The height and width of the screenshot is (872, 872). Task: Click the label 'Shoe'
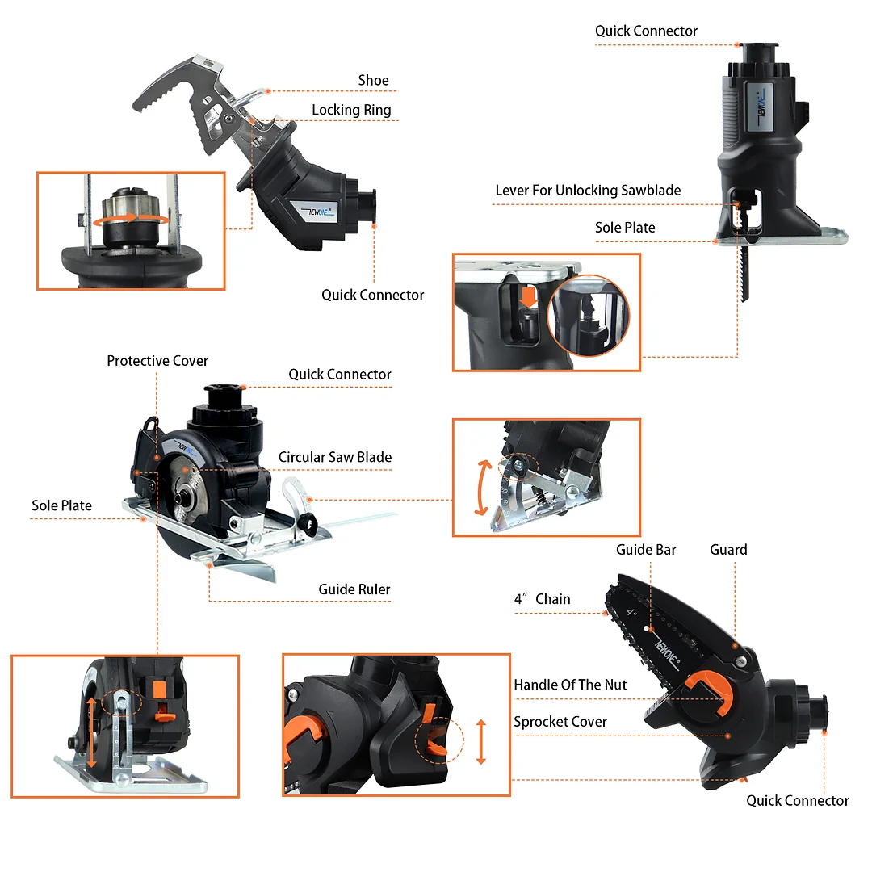pyautogui.click(x=373, y=81)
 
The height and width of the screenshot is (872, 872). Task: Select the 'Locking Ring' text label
pyautogui.click(x=351, y=111)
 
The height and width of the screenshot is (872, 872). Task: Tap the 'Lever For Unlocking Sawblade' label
pyautogui.click(x=588, y=191)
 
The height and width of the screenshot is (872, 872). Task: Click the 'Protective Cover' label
pyautogui.click(x=157, y=361)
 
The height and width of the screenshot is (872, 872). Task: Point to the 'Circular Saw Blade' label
pyautogui.click(x=334, y=457)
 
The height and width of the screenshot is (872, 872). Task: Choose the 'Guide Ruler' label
pyautogui.click(x=354, y=589)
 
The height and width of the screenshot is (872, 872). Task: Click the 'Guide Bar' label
pyautogui.click(x=646, y=550)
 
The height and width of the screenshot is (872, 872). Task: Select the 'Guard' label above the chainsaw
pyautogui.click(x=728, y=550)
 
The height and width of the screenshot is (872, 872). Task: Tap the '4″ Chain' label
pyautogui.click(x=542, y=599)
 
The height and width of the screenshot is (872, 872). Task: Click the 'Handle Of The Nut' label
pyautogui.click(x=570, y=685)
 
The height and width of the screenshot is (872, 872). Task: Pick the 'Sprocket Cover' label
pyautogui.click(x=560, y=722)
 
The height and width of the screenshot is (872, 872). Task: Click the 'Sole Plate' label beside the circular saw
pyautogui.click(x=61, y=505)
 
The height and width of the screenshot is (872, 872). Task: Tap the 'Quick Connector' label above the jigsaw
pyautogui.click(x=646, y=31)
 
